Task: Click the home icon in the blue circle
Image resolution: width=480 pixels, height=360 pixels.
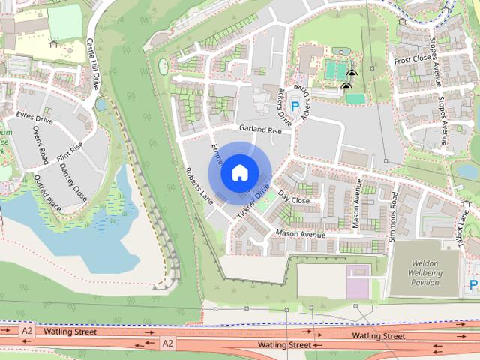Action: [x=239, y=172]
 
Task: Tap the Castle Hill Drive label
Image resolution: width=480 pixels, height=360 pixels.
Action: [x=94, y=64]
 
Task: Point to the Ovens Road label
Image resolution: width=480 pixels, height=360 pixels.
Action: [x=40, y=145]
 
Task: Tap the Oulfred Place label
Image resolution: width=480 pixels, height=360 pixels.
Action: [x=48, y=192]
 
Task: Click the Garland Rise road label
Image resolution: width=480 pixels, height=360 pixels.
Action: [x=260, y=130]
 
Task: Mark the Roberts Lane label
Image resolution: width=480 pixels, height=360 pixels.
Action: [x=199, y=185]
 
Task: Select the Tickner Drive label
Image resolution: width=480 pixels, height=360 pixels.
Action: [x=253, y=202]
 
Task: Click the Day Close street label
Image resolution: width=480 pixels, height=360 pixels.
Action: [x=293, y=200]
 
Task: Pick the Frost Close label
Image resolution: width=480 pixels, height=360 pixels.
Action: [x=412, y=59]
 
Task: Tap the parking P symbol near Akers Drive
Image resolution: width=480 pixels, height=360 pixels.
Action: [x=295, y=107]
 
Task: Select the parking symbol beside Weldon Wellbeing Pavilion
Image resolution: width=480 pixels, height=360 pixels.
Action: [x=473, y=284]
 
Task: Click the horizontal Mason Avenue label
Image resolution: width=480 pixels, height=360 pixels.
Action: [x=299, y=234]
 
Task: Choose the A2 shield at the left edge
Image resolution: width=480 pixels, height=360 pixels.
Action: [x=28, y=330]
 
